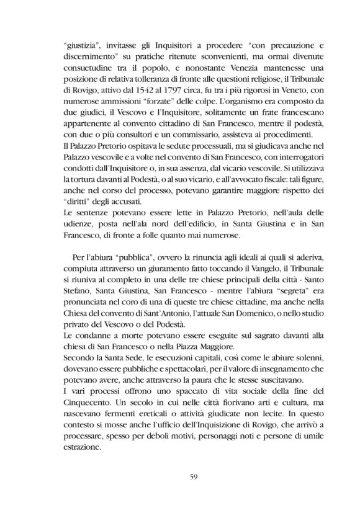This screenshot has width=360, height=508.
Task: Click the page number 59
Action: (x=180, y=476)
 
